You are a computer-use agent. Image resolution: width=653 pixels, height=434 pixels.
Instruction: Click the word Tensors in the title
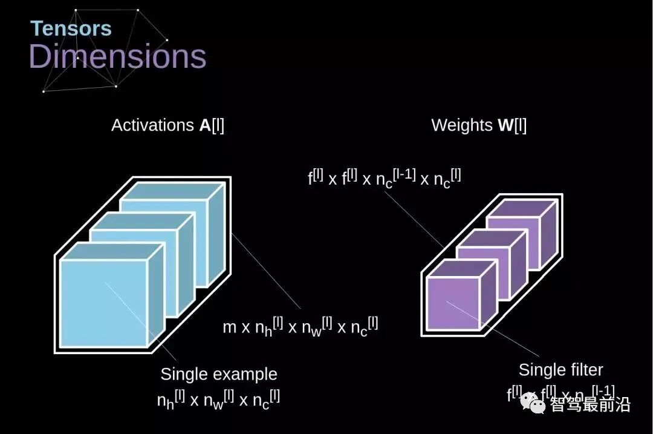pos(71,28)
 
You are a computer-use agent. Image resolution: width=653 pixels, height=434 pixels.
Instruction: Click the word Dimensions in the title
pos(117,56)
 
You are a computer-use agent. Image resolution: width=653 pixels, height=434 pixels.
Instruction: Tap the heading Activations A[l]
pos(167,125)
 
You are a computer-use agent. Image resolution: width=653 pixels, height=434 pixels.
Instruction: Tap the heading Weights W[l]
pos(478,125)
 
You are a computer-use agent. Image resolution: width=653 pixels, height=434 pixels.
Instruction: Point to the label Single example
pos(218,374)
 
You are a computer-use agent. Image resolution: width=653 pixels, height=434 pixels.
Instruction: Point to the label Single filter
pos(560,370)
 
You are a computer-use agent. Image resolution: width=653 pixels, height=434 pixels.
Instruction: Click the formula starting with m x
pos(301,326)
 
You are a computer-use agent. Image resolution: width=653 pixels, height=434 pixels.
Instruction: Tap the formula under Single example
pos(218,399)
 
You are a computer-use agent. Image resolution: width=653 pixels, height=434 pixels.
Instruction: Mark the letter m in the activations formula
pos(229,327)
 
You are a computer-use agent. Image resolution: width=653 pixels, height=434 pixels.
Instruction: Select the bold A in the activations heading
pos(205,125)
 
